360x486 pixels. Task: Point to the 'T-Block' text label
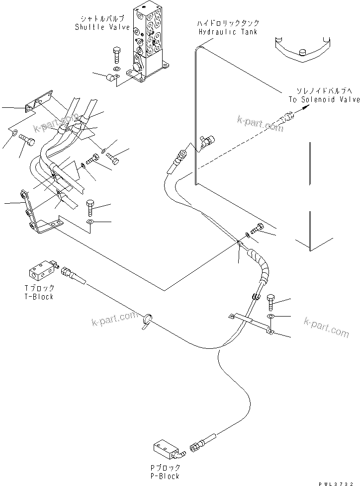pyautogui.click(x=40, y=297)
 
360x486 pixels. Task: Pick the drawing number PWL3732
pyautogui.click(x=337, y=483)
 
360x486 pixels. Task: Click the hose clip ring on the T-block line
pyautogui.click(x=148, y=320)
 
